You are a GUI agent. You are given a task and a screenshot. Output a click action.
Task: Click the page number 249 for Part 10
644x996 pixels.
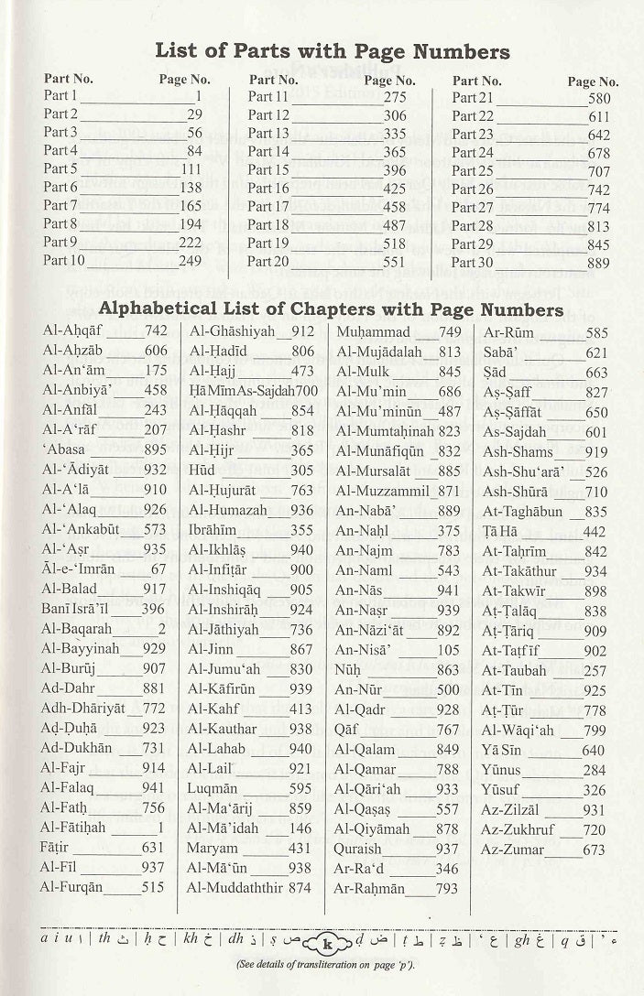(x=190, y=261)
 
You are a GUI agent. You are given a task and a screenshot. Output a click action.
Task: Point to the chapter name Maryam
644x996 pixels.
(x=213, y=849)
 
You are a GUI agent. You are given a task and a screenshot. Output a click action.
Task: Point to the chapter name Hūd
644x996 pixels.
(x=202, y=470)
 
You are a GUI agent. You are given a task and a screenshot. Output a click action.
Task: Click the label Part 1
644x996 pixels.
(x=60, y=96)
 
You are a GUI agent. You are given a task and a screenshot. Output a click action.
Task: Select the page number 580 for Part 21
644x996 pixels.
(x=599, y=97)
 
